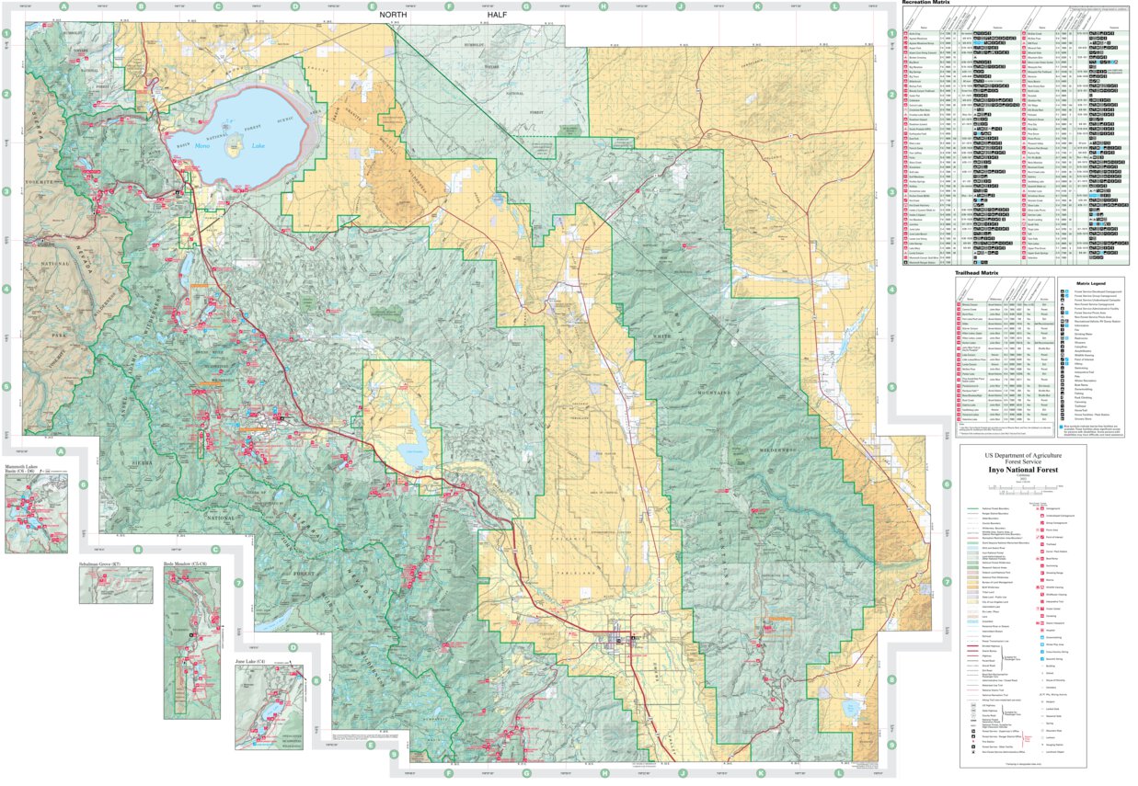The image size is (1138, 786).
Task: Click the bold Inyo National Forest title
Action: pyautogui.click(x=1037, y=468)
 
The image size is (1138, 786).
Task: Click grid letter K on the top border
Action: pyautogui.click(x=757, y=6)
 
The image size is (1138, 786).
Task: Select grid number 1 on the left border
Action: pyautogui.click(x=6, y=35)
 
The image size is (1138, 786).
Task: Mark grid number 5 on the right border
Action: pyautogui.click(x=890, y=387)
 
